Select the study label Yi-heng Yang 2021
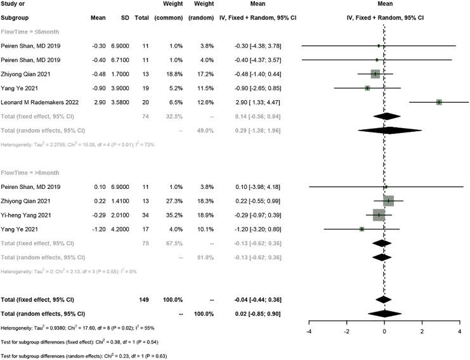(x=30, y=215)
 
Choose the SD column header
(x=124, y=16)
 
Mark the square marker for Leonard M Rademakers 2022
(x=438, y=101)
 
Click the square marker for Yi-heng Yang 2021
(x=379, y=215)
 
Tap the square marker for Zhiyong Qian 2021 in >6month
(x=388, y=200)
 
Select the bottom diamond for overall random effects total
(x=384, y=313)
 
